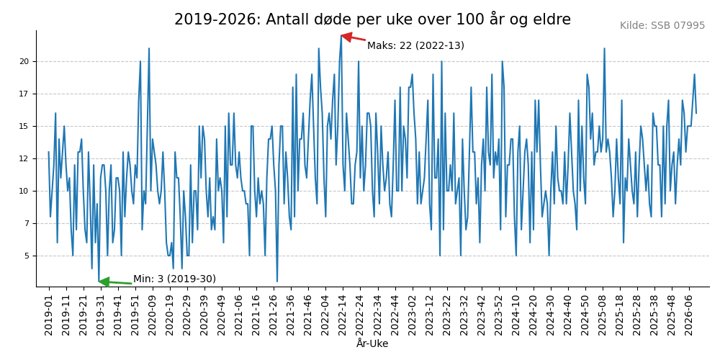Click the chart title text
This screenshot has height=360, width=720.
(372, 19)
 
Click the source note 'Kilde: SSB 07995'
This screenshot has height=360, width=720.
(662, 26)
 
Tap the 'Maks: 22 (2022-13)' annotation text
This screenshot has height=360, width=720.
(415, 46)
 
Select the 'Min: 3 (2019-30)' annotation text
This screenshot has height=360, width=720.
(174, 279)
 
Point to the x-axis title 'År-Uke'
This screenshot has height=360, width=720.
(372, 344)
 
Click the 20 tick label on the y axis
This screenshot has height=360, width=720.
(24, 62)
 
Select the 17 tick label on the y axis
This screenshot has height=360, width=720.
(24, 94)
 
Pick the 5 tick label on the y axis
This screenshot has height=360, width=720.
(27, 256)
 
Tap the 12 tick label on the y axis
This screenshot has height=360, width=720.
(24, 159)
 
